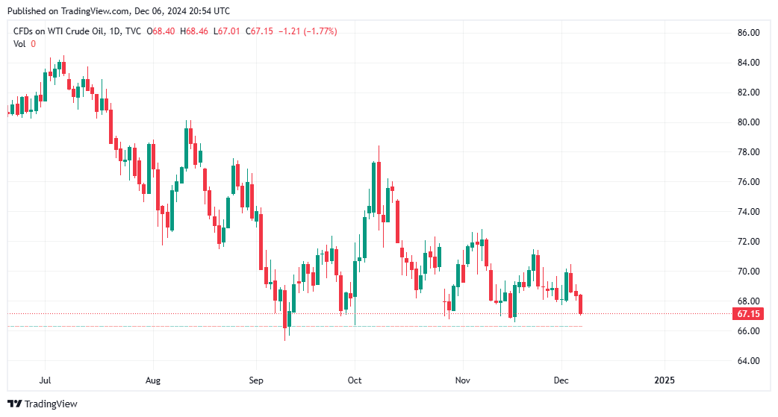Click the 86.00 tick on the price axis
coord(748,33)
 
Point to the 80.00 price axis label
coord(748,122)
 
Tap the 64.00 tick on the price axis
coord(748,361)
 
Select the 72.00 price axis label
coord(748,242)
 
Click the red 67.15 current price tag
coord(748,314)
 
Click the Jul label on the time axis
coord(45,380)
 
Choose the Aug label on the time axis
coord(152,380)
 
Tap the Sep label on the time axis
coord(256,380)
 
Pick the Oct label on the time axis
coord(355,380)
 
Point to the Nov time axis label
coord(462,380)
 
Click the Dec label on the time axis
coord(561,380)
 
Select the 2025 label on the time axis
coord(664,380)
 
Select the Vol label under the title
coord(19,44)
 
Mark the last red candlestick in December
coord(581,304)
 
